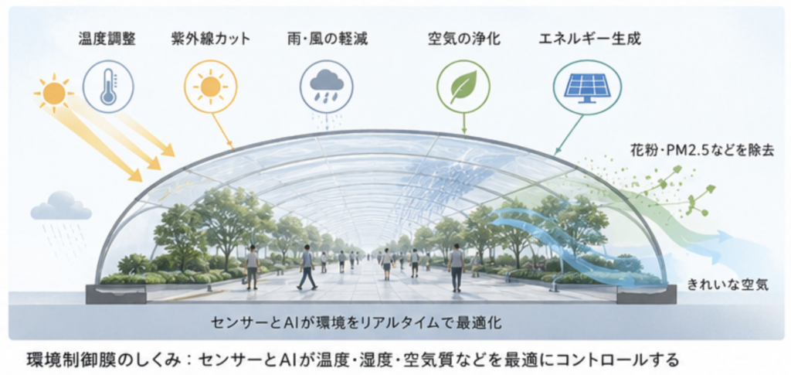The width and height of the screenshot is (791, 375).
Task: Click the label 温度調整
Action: tap(107, 39)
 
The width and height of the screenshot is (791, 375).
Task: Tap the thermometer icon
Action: tap(108, 87)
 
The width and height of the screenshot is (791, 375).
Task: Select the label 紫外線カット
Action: tap(210, 39)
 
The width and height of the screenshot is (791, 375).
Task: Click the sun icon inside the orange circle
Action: tap(210, 87)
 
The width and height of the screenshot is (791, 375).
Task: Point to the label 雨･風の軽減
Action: tap(325, 39)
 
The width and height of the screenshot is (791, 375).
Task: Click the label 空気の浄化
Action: tap(463, 39)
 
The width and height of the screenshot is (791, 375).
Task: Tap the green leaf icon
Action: tap(463, 87)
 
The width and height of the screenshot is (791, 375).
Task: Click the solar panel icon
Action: tap(587, 87)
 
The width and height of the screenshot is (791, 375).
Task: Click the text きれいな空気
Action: tap(728, 285)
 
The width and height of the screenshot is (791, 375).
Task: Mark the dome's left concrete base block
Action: tap(116, 294)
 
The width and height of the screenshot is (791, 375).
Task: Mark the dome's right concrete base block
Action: tap(647, 294)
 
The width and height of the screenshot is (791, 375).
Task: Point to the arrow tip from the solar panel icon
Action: tap(555, 154)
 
